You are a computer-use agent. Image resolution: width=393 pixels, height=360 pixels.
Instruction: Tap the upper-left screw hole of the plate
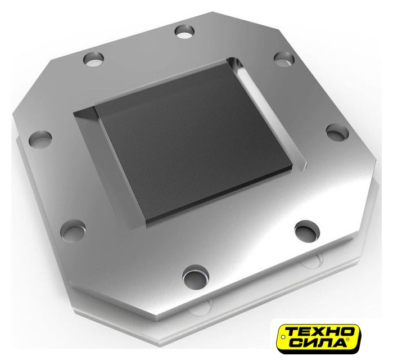(93, 58)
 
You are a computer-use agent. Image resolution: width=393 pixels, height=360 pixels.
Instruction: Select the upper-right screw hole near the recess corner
(284, 59)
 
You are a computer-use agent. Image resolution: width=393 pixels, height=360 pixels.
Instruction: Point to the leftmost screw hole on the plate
(40, 138)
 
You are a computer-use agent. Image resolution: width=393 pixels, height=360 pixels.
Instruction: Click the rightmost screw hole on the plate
(337, 132)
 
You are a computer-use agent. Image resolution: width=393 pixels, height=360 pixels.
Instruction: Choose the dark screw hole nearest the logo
(308, 230)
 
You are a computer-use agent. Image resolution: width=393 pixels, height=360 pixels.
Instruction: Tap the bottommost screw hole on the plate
(196, 275)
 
